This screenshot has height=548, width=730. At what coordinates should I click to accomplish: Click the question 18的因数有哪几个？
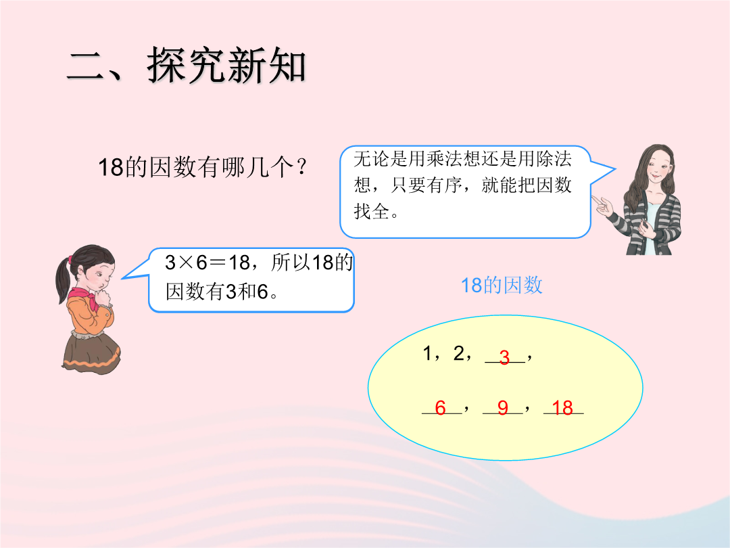click(x=203, y=167)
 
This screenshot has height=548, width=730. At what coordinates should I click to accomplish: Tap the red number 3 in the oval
click(x=504, y=357)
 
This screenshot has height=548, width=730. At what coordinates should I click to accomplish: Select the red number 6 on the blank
click(x=441, y=408)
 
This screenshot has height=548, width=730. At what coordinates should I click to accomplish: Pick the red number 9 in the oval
click(x=503, y=408)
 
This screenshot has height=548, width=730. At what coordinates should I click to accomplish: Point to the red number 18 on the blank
click(x=562, y=408)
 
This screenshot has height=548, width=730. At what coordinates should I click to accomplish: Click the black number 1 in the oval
click(x=427, y=353)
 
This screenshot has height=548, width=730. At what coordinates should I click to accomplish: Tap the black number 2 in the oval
click(x=459, y=353)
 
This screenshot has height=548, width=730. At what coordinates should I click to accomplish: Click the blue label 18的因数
click(x=502, y=286)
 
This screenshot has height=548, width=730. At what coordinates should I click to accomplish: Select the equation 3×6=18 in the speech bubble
click(x=208, y=262)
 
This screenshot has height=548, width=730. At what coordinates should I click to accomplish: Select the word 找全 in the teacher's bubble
click(x=372, y=211)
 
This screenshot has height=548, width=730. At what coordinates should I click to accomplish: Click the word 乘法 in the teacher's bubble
click(x=445, y=158)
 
